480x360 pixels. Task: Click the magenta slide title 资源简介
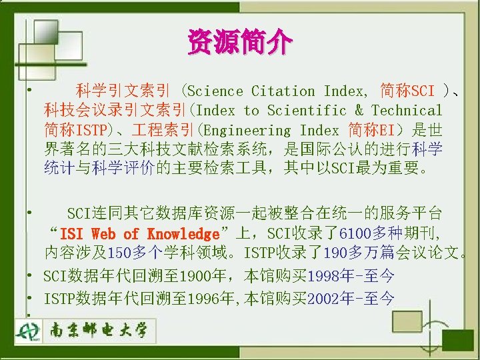point(239,43)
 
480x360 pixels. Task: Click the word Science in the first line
point(217,91)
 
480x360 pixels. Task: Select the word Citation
point(283,91)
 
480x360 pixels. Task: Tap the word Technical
point(407,111)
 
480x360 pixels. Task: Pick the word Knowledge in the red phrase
point(183,234)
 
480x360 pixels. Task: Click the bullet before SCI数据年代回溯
point(31,275)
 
